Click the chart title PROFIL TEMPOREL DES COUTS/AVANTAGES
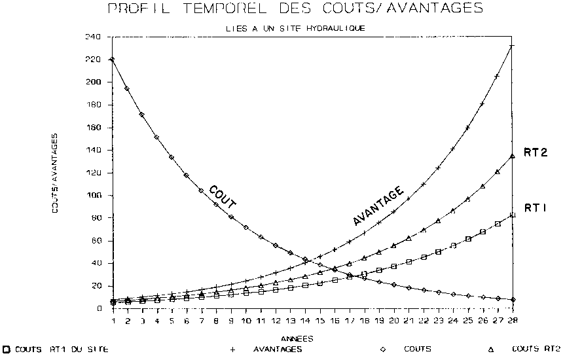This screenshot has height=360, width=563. pos(295,9)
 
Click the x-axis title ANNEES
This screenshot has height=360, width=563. pos(297,339)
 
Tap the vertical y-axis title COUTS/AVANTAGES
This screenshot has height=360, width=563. pos(56,172)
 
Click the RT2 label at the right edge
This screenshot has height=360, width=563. pos(536,153)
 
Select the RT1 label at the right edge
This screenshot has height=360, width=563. pos(535,207)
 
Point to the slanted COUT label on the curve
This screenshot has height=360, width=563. pos(223,197)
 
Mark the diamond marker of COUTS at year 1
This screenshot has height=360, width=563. pos(113,60)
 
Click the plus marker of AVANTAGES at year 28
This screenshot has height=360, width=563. pos(512,46)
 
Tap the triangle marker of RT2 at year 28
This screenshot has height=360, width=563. pos(512,156)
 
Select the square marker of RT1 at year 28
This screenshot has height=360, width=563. pos(512,215)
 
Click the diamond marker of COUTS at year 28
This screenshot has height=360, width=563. pos(512,300)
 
